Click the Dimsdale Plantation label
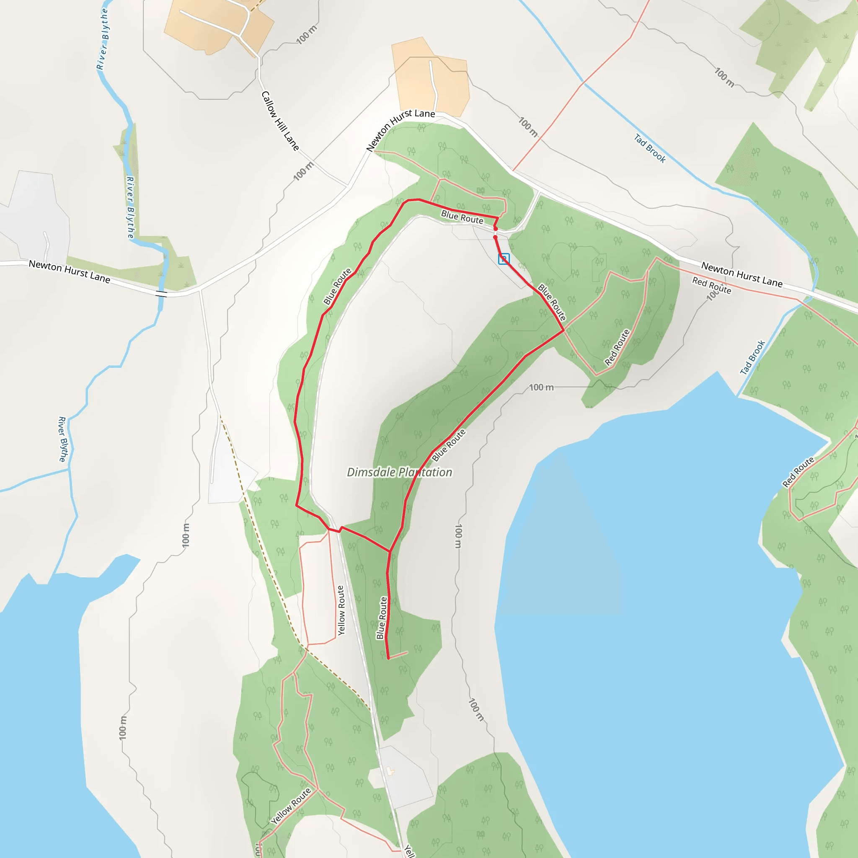coord(399,472)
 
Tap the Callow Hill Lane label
coord(280,121)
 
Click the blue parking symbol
coord(504,258)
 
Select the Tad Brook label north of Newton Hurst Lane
coord(650,148)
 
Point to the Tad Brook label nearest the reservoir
coord(753,357)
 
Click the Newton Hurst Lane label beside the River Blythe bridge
coord(69,271)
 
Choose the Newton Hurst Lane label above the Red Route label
coord(742,274)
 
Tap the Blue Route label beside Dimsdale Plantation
coord(449,445)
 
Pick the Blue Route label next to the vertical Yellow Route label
coord(382,618)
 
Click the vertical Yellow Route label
coord(341,610)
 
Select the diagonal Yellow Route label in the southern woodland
coord(291,806)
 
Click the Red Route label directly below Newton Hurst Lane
coord(711,285)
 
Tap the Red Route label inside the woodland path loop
coord(617,347)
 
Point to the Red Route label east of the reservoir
coord(798,472)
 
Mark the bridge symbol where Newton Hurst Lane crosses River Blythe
coord(161,294)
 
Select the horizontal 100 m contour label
coord(541,387)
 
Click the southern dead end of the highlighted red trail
coord(389,659)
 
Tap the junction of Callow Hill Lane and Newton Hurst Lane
coord(347,186)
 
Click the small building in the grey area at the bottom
coord(390,771)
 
